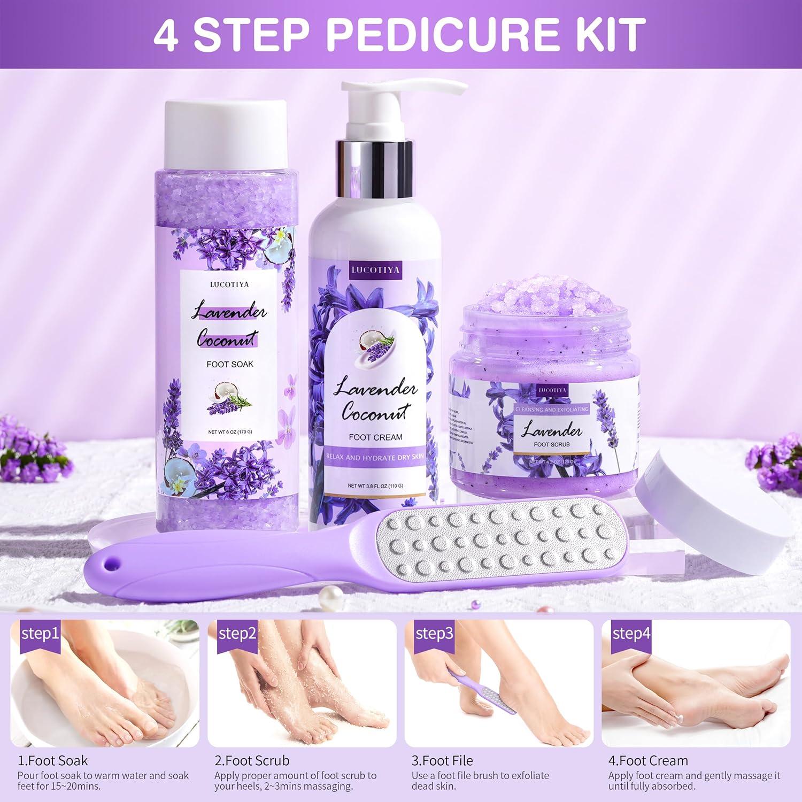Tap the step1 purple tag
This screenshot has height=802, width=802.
coord(40,634)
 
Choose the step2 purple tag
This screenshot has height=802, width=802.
coord(237,634)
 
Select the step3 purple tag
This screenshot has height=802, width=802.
coord(434,634)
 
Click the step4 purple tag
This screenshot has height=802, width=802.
coord(631,634)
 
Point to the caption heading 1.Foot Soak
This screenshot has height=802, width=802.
coord(52,760)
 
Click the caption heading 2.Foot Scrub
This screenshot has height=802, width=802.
coord(252,760)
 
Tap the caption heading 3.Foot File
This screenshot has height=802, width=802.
coord(442,760)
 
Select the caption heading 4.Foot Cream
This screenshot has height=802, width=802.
coord(648,760)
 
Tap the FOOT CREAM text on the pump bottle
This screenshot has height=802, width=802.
coord(375,437)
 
